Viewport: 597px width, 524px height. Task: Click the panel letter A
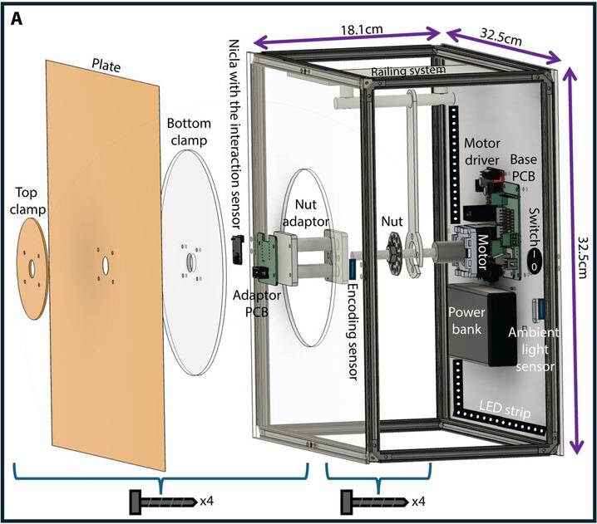[x=17, y=18]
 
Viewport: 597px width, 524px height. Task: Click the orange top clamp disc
[x=32, y=269]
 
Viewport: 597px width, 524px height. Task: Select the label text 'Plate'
[x=106, y=66]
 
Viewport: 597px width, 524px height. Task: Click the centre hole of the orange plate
[x=106, y=264]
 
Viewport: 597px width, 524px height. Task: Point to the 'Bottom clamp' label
[x=189, y=131]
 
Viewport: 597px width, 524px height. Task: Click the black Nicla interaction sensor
[x=239, y=248]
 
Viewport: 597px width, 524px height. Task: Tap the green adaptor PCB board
[x=269, y=257]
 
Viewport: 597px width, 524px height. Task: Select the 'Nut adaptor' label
[x=306, y=213]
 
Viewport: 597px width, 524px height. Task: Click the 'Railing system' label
[x=408, y=71]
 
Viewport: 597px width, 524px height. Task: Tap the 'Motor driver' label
[x=482, y=151]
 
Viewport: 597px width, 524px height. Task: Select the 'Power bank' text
[x=466, y=321]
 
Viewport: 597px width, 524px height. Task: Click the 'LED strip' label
[x=505, y=409]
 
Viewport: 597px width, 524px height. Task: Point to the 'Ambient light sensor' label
[x=534, y=350]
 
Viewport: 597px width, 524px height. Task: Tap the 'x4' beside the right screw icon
[x=418, y=502]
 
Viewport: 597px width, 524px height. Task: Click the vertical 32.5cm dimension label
[x=583, y=257]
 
